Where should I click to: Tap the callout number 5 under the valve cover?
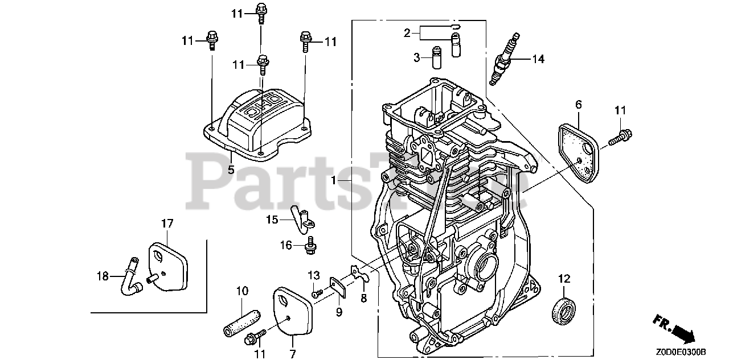pyautogui.click(x=231, y=169)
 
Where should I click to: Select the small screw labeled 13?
pyautogui.click(x=317, y=293)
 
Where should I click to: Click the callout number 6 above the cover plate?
pyautogui.click(x=578, y=104)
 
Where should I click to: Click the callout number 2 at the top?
pyautogui.click(x=407, y=34)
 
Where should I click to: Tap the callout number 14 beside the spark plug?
pyautogui.click(x=538, y=58)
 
